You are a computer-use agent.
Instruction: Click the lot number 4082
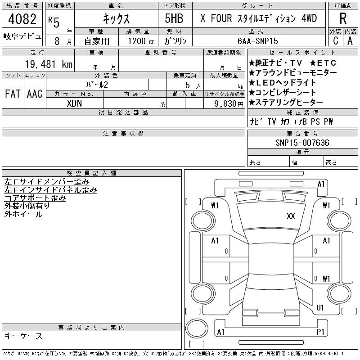click(x=22, y=19)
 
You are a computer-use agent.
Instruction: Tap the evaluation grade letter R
click(x=343, y=18)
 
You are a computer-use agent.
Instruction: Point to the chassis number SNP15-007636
click(x=302, y=143)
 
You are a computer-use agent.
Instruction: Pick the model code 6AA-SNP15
click(x=264, y=41)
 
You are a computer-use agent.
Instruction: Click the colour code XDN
click(x=74, y=103)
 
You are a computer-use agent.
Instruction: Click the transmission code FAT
click(x=12, y=94)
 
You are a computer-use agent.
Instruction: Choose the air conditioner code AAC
click(x=34, y=94)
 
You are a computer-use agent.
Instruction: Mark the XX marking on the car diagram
click(x=291, y=216)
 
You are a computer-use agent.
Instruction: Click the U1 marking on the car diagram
click(x=320, y=308)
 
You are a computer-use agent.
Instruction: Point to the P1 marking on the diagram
click(x=321, y=332)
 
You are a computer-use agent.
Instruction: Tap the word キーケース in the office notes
click(x=23, y=336)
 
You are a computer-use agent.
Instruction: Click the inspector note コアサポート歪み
click(x=35, y=198)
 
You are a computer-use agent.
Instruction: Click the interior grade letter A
click(x=350, y=40)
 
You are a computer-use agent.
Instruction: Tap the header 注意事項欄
click(x=123, y=134)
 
